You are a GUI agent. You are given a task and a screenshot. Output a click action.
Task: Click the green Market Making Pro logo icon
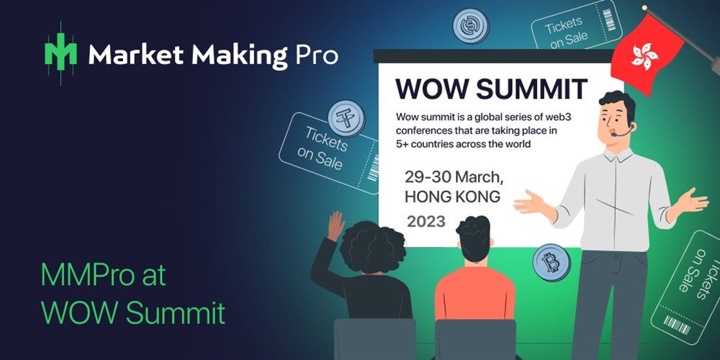[60, 53]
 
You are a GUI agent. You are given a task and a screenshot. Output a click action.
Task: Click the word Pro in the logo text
[316, 55]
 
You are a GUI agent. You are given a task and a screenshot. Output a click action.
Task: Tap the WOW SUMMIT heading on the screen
[491, 89]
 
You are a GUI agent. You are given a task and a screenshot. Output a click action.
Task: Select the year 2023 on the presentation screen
[426, 221]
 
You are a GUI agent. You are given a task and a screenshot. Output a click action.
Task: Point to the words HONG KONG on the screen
[452, 197]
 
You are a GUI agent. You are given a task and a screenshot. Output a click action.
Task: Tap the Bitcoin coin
[551, 263]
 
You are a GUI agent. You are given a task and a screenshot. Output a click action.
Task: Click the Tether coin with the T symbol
[347, 119]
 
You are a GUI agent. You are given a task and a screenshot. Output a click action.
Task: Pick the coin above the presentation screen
[471, 26]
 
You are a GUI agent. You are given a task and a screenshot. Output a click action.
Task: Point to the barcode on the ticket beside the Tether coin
[373, 168]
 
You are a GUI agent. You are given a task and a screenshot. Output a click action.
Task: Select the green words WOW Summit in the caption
[132, 313]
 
